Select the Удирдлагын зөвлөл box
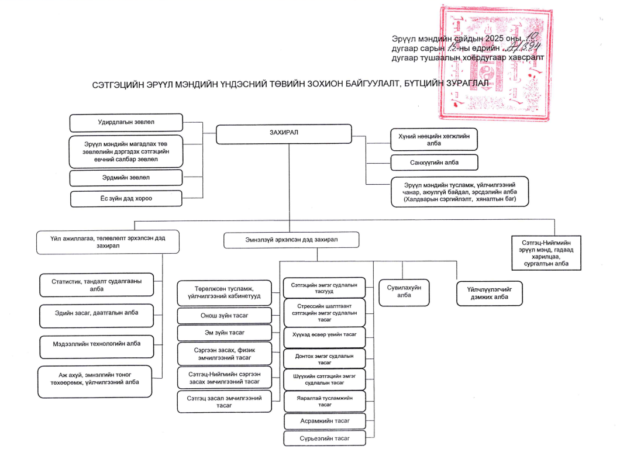(126, 123)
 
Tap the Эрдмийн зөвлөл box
(126, 177)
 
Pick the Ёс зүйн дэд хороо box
(126, 199)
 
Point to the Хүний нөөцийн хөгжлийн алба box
(434, 139)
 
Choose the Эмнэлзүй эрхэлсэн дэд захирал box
(291, 240)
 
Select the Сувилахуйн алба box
(404, 291)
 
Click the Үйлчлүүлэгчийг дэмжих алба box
(488, 292)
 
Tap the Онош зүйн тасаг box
(224, 316)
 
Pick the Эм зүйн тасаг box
(224, 333)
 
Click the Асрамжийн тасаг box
(325, 421)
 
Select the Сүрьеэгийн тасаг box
(325, 438)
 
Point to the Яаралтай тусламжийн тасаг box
(325, 401)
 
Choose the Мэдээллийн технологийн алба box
(97, 344)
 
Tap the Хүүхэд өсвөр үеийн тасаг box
(325, 337)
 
